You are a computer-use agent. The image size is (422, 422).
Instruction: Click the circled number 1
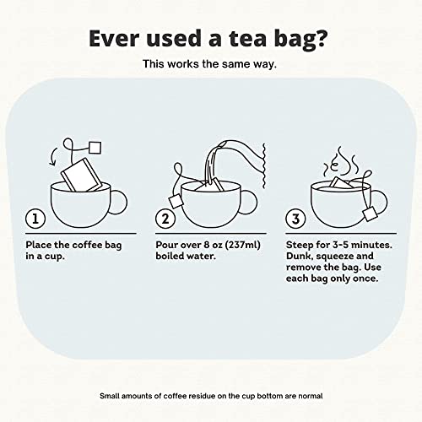pyautogui.click(x=35, y=219)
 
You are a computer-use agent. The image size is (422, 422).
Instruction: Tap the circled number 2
pyautogui.click(x=165, y=219)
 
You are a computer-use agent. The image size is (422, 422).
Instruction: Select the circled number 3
pyautogui.click(x=295, y=219)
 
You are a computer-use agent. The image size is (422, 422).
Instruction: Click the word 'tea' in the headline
pyautogui.click(x=247, y=39)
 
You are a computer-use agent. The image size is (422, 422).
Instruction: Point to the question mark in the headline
pyautogui.click(x=319, y=38)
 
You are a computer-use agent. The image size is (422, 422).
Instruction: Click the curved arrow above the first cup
pyautogui.click(x=52, y=156)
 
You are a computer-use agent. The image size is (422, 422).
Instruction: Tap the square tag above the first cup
pyautogui.click(x=95, y=148)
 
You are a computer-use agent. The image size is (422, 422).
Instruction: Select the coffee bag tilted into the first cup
pyautogui.click(x=81, y=175)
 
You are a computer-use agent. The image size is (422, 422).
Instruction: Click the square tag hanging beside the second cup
pyautogui.click(x=176, y=201)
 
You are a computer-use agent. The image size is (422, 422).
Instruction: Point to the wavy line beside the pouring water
pyautogui.click(x=264, y=165)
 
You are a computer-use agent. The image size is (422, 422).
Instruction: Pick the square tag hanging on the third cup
pyautogui.click(x=371, y=214)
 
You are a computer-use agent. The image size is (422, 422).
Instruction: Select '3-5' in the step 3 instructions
pyautogui.click(x=341, y=245)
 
